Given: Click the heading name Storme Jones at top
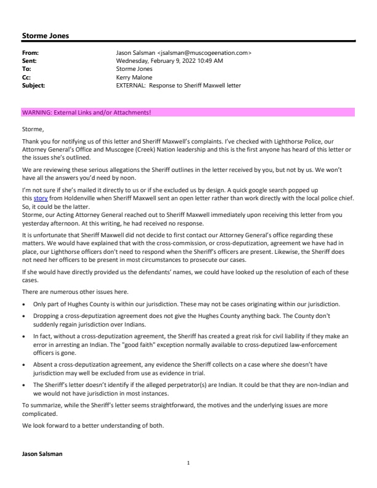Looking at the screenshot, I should (45, 36).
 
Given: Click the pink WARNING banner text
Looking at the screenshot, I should (86, 112).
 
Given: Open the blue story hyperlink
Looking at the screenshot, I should (39, 199).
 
